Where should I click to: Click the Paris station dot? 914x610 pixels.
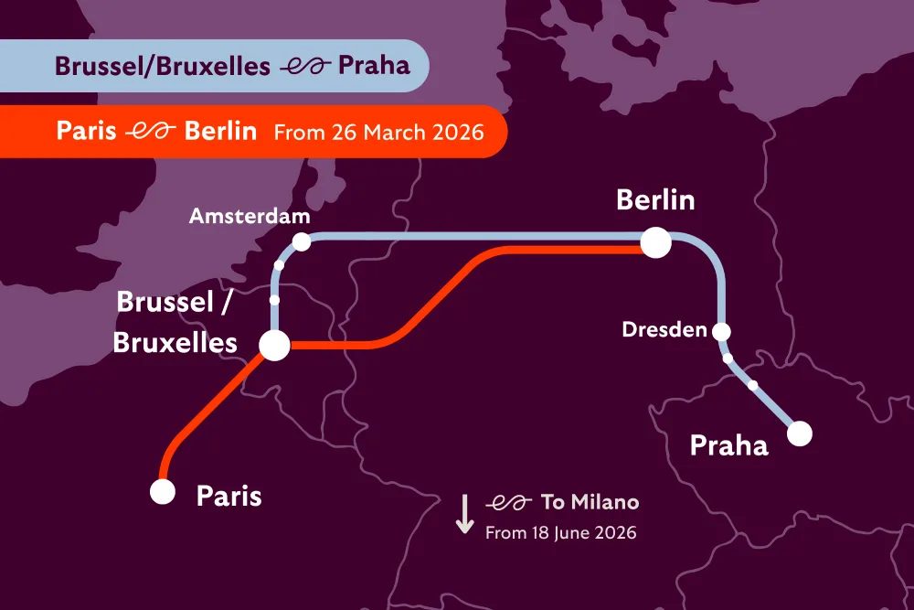click(163, 492)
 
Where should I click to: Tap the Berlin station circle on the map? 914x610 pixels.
click(655, 243)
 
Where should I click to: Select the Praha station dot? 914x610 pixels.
click(800, 433)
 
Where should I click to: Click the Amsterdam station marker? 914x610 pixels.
click(301, 241)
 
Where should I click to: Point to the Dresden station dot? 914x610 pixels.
click(722, 331)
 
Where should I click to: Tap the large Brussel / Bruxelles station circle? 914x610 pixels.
click(275, 346)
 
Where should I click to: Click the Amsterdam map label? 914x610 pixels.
click(250, 217)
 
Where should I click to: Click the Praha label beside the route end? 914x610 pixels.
click(728, 445)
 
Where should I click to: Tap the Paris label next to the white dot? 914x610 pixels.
click(228, 497)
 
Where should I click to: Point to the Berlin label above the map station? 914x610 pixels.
click(655, 200)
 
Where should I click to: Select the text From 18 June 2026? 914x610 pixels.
click(560, 531)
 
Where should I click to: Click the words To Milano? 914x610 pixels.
click(590, 502)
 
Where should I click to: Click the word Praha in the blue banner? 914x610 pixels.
click(374, 66)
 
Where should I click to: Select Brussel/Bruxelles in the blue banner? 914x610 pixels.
click(163, 66)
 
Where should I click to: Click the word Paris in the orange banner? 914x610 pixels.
click(86, 131)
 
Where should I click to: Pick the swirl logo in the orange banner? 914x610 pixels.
click(150, 132)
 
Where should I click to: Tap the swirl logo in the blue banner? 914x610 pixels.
click(303, 66)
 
